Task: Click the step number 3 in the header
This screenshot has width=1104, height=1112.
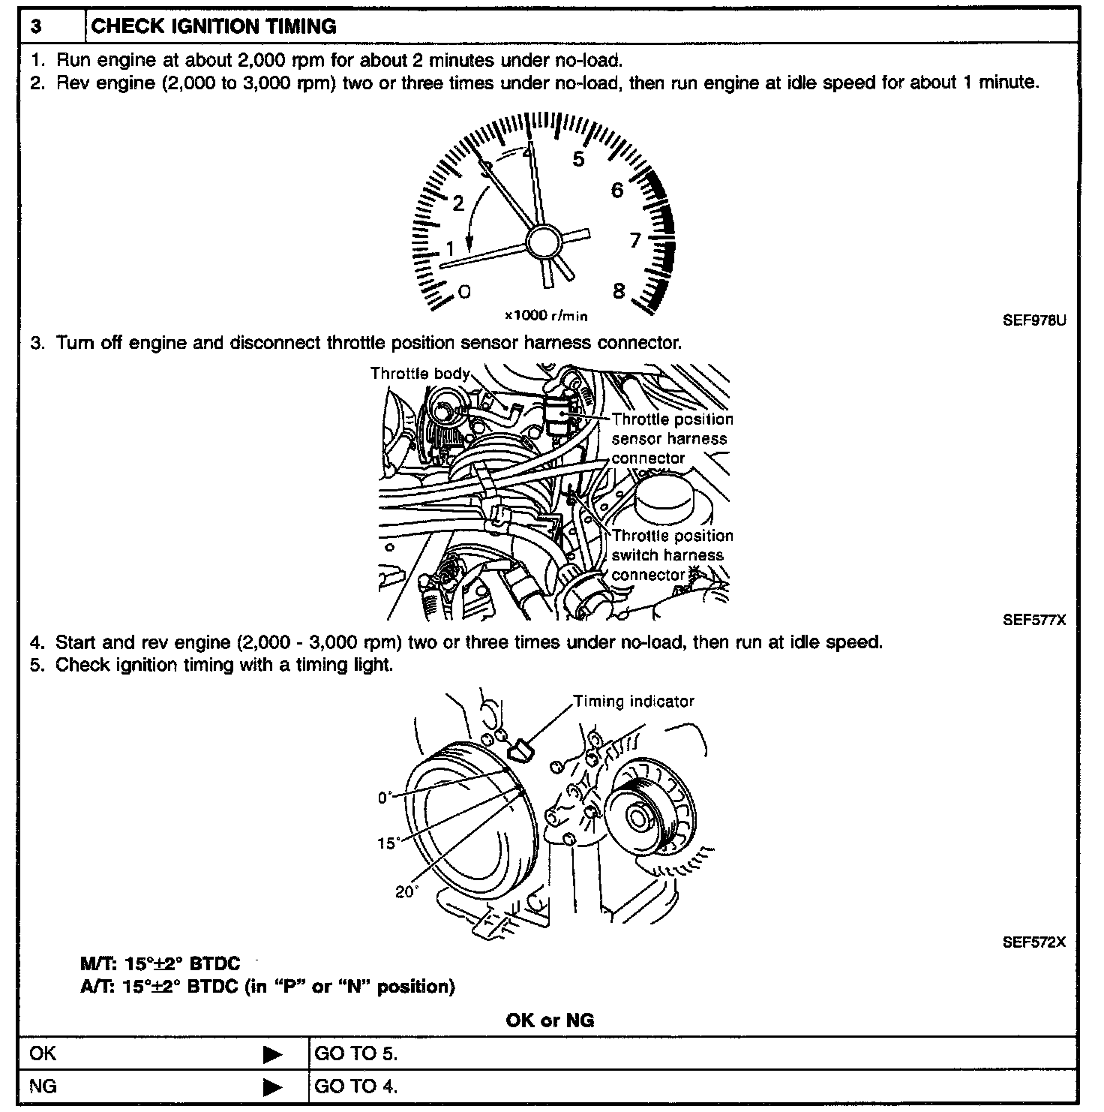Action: click(36, 27)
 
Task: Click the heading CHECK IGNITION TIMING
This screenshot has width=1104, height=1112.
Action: click(214, 27)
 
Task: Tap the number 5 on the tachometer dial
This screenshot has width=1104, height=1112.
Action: click(577, 159)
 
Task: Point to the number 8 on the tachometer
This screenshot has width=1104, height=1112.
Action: click(619, 291)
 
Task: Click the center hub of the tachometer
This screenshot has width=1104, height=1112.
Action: click(543, 242)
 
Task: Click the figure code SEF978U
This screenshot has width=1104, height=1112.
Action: click(1034, 320)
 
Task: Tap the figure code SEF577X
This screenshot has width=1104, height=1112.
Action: click(1034, 621)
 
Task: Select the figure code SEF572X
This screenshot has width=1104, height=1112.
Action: click(1034, 943)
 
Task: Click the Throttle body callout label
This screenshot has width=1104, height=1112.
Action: click(420, 374)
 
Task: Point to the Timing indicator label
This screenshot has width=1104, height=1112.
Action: click(634, 702)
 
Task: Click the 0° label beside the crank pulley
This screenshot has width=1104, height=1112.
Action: click(385, 798)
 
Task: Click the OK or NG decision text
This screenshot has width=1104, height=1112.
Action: click(550, 1020)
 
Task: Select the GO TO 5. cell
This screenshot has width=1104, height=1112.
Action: click(356, 1054)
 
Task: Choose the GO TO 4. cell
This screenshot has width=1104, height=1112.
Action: click(356, 1086)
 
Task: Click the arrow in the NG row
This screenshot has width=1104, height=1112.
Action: click(273, 1087)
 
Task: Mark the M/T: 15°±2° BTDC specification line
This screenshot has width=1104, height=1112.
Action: click(160, 964)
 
